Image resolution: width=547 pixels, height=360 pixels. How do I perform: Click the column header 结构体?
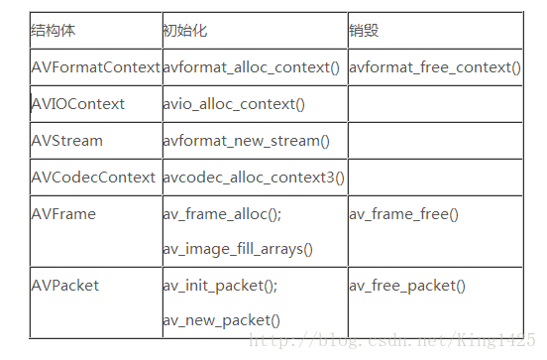coord(54,31)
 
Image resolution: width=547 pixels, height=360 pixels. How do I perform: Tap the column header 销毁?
coord(365,31)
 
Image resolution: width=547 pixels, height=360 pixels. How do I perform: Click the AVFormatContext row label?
coord(95,67)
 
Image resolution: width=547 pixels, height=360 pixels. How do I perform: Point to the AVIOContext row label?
coord(78,104)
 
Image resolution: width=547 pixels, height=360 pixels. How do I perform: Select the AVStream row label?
coord(66,141)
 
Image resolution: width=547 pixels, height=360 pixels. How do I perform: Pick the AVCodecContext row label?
coord(93,178)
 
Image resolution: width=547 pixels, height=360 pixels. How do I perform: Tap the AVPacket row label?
coord(65,286)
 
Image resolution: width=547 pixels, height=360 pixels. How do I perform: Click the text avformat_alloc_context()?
coord(252,67)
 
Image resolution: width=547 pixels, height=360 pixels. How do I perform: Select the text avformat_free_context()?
coord(435,67)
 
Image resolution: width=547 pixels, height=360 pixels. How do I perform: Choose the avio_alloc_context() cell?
coord(234,104)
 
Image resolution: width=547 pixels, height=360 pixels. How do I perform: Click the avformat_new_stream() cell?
coord(243,141)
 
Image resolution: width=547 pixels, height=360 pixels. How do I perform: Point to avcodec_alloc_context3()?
coord(254,178)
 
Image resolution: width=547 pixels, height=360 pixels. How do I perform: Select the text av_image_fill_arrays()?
coord(238,249)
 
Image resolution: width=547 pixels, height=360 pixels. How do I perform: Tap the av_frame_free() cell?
coord(403,214)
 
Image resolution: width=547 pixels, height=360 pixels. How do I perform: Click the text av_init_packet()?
coord(220,286)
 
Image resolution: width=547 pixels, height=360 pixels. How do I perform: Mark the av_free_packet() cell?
coord(407,286)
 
